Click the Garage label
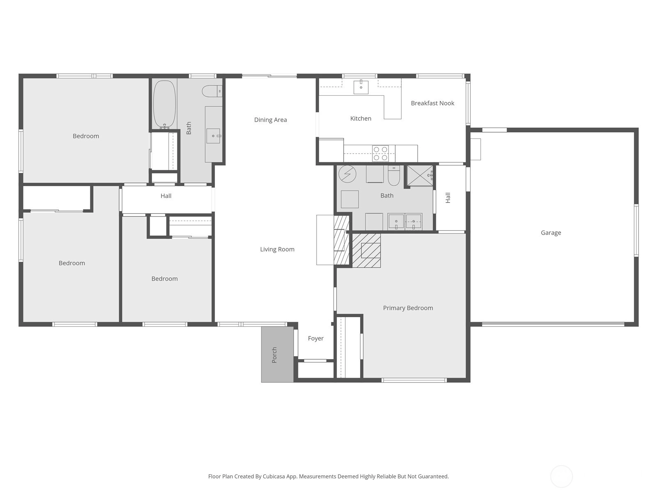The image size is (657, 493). tap(551, 233)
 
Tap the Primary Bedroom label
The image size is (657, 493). tap(408, 308)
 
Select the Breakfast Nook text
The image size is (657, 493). tap(432, 103)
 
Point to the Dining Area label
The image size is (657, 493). tap(271, 120)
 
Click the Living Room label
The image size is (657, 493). tap(277, 249)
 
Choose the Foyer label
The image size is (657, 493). tap(316, 338)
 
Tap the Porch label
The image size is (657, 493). tap(274, 355)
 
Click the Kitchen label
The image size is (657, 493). tap(361, 119)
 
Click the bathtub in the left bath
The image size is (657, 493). tap(164, 104)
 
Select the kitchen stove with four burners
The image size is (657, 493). tap(380, 153)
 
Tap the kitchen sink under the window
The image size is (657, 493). tap(361, 87)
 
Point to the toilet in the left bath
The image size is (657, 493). tap(212, 91)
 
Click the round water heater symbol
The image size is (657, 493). tap(347, 174)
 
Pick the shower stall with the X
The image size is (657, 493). tap(420, 175)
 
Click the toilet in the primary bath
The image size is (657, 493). tap(394, 176)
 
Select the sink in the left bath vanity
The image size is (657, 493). tap(214, 136)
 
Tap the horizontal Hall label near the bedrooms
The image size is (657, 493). tap(166, 196)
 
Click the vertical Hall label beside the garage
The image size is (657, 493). tap(448, 198)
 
